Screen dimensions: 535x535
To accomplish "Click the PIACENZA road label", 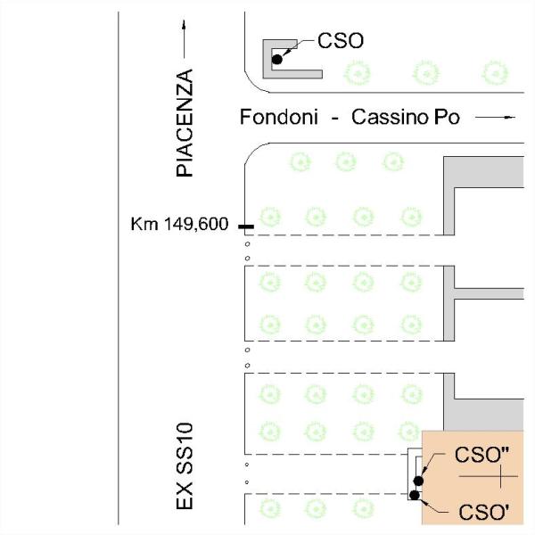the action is point(185,123).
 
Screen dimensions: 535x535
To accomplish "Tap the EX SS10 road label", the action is point(185,466).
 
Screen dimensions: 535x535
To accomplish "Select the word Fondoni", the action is point(279,117).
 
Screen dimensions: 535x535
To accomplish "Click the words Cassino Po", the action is point(406,117).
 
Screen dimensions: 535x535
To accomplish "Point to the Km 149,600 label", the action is point(179,224).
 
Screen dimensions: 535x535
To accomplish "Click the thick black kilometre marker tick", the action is point(246,226).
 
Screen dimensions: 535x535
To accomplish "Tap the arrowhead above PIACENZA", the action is point(184,25).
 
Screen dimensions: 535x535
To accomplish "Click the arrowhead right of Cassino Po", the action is point(510,118).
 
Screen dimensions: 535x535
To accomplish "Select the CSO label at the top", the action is point(341,41).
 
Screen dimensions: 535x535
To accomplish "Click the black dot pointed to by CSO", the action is point(277,60).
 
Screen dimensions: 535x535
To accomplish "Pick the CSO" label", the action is point(481,455).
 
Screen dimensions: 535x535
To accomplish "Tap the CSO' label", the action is point(484,512).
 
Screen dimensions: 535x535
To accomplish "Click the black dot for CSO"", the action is point(419,481).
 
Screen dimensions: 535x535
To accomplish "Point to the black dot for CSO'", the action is point(415,495).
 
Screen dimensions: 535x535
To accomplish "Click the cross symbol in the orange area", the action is point(500,476).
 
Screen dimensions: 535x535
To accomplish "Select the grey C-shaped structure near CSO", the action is point(267,59).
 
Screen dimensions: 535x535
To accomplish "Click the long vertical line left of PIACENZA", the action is point(119,268).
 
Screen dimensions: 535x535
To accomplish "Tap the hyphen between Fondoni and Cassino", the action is point(335,119).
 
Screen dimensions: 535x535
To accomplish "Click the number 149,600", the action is point(196,225).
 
